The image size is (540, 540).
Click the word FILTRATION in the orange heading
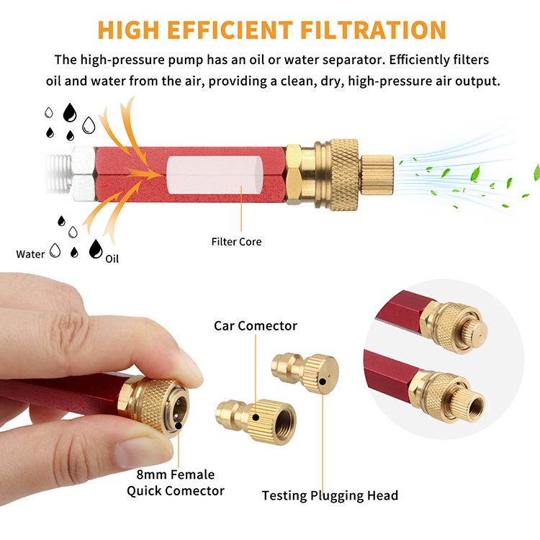373,30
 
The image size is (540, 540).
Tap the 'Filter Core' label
236,242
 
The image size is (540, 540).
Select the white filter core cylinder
215,175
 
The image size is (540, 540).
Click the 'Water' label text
30,254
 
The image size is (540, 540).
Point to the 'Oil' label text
112,259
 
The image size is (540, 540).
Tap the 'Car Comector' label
256,325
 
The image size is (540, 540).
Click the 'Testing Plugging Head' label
330,495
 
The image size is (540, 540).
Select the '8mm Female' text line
175,474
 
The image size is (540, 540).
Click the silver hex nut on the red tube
84,174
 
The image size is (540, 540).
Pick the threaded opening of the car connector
286,423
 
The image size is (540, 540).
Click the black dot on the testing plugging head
323,381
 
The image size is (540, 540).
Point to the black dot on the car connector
256,418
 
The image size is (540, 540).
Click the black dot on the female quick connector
179,426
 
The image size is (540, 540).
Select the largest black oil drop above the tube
70,112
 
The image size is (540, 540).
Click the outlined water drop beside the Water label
55,251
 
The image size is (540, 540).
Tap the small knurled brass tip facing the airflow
377,175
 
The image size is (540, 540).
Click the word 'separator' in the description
351,60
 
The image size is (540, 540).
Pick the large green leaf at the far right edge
537,172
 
